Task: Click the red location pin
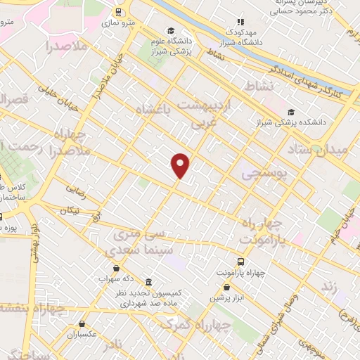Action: pos(181,165)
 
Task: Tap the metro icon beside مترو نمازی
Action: pos(118,12)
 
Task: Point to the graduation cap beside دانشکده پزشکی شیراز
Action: pos(291,112)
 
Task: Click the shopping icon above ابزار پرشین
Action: pos(226,287)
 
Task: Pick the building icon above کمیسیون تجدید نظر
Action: pos(148,281)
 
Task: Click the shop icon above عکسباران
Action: pos(83,324)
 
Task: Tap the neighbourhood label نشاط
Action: pos(258,86)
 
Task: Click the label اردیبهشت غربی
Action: pos(206,112)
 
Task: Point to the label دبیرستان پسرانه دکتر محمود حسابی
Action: pos(314,7)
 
